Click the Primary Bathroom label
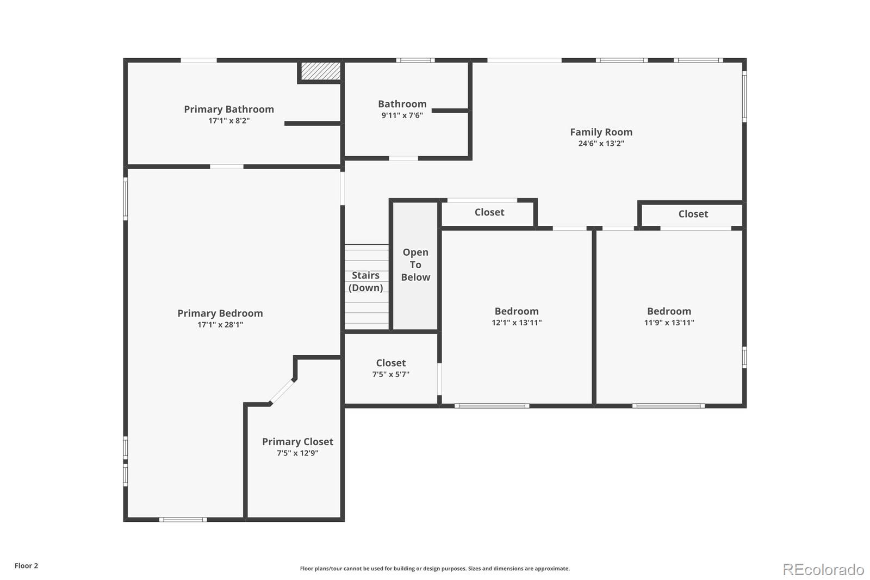(228, 109)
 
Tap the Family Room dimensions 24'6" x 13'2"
(601, 144)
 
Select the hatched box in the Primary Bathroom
(321, 71)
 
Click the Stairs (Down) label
(365, 281)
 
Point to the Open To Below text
(415, 264)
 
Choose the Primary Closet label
(297, 442)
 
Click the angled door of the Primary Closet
(283, 392)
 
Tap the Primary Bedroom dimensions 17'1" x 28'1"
(220, 325)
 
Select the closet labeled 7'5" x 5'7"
(390, 368)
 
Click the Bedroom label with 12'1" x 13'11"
(516, 311)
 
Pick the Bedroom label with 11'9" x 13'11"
(669, 311)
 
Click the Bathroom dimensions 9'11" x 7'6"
(402, 115)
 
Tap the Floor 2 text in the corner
(26, 566)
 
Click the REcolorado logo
(823, 570)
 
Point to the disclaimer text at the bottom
(434, 569)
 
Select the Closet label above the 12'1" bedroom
(489, 212)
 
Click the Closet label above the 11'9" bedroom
(693, 214)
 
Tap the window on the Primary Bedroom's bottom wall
(183, 520)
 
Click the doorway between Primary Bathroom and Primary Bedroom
(226, 166)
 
